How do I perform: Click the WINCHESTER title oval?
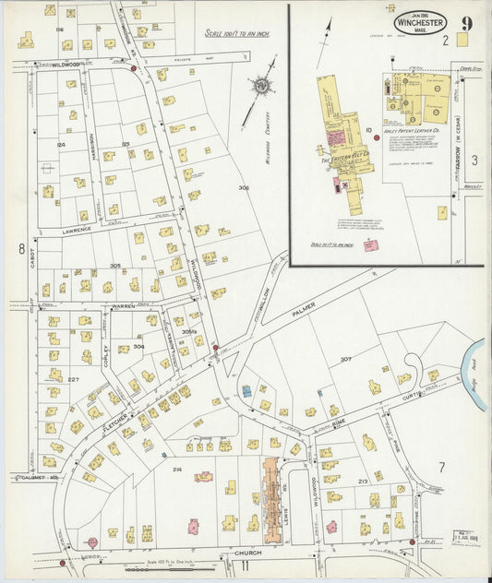pyautogui.click(x=421, y=20)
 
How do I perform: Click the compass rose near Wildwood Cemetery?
pyautogui.click(x=261, y=87)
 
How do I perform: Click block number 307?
pyautogui.click(x=345, y=359)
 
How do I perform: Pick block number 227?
pyautogui.click(x=73, y=379)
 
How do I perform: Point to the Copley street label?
pyautogui.click(x=105, y=355)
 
